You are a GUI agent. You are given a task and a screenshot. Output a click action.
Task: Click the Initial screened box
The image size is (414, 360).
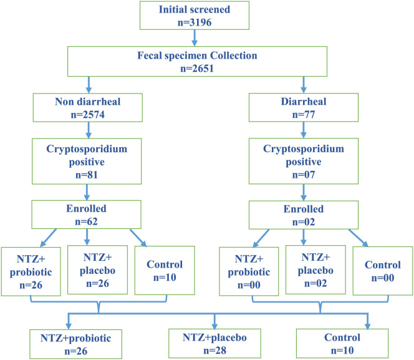pos(195,16)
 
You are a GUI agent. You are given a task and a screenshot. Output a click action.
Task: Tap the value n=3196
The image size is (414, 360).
pos(195,22)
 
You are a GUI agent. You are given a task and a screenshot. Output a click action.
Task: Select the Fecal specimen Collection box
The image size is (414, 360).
pos(197,62)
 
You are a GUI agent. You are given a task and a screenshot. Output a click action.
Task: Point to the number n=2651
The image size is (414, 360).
pos(197,69)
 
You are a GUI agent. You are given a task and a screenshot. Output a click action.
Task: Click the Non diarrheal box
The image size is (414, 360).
pos(88,107)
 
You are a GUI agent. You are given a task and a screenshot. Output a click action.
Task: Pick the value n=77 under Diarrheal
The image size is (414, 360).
pos(304,115)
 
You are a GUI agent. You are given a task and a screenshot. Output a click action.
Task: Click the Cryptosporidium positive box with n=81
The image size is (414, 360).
pos(87,161)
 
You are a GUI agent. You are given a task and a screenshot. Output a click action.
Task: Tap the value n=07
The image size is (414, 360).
pos(304,175)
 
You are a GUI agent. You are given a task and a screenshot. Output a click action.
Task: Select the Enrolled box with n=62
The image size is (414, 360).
pos(86,215)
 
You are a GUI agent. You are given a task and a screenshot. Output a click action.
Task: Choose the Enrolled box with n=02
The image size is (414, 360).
pos(304,215)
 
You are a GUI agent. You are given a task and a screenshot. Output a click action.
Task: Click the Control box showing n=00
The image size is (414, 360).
pos(383,271)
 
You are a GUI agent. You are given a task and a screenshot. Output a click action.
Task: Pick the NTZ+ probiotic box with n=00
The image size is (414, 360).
pos(249,271)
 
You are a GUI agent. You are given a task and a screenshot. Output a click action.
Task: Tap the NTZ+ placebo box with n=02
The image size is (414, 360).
pos(315,270)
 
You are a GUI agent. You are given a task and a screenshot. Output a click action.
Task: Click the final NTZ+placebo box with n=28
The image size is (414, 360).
pos(214,343)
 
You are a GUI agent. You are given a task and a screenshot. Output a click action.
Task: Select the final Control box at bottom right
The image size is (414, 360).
pos(342,343)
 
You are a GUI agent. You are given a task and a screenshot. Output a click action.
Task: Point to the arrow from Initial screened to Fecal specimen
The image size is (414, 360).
pos(195,38)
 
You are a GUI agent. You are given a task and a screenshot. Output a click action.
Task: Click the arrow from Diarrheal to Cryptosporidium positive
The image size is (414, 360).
pos(304,130)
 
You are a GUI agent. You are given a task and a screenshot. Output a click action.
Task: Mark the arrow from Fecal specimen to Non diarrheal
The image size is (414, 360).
pos(89,85)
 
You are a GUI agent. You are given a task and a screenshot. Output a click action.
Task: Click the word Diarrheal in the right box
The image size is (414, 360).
pos(304,102)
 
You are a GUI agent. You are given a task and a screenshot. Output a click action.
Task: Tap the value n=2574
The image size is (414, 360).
pos(88,115)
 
